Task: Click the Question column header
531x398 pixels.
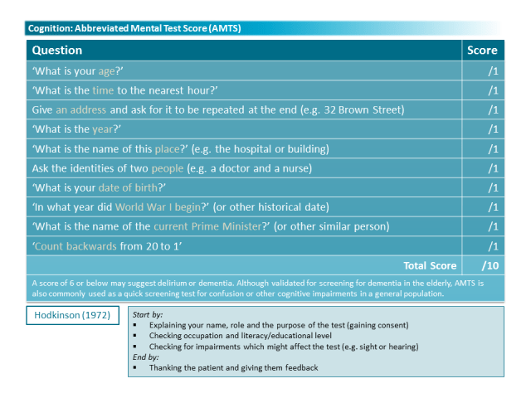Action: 57,51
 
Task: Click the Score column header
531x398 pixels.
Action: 482,51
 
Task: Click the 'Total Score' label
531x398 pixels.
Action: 430,265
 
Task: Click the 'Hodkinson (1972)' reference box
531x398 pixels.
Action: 72,315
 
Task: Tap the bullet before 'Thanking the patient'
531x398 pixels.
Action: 135,367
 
